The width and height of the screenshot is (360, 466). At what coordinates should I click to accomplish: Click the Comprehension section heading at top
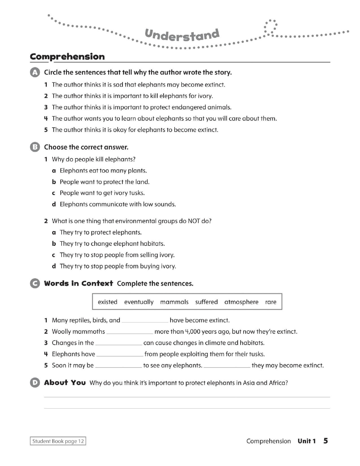pyautogui.click(x=67, y=56)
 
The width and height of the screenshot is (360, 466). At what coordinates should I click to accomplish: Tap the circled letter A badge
pyautogui.click(x=35, y=73)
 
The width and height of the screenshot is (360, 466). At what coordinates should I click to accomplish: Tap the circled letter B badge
pyautogui.click(x=35, y=147)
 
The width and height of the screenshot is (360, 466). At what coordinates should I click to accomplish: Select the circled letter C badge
pyautogui.click(x=35, y=284)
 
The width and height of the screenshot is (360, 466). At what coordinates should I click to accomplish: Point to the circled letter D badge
pyautogui.click(x=35, y=383)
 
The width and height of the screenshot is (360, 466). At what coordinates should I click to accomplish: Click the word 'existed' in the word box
pyautogui.click(x=108, y=302)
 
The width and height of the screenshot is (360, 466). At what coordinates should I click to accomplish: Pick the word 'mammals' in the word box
pyautogui.click(x=174, y=302)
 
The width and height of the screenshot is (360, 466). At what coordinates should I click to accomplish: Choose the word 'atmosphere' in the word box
pyautogui.click(x=241, y=302)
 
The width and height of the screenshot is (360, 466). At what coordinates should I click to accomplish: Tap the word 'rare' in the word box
pyautogui.click(x=270, y=302)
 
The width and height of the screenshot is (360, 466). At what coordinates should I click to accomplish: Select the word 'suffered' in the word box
pyautogui.click(x=206, y=302)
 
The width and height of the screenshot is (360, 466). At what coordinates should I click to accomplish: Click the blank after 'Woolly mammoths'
pyautogui.click(x=130, y=332)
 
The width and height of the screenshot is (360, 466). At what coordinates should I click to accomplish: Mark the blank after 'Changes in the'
pyautogui.click(x=119, y=343)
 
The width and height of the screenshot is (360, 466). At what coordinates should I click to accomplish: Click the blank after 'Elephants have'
pyautogui.click(x=120, y=354)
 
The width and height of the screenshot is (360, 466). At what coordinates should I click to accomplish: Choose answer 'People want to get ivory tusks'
pyautogui.click(x=102, y=193)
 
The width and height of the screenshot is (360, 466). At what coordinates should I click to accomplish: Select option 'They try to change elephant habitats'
pyautogui.click(x=112, y=243)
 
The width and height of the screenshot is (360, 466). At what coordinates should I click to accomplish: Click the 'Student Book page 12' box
pyautogui.click(x=58, y=441)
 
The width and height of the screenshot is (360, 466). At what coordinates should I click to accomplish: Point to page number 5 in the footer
pyautogui.click(x=326, y=441)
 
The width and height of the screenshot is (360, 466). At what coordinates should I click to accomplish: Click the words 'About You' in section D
pyautogui.click(x=65, y=383)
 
